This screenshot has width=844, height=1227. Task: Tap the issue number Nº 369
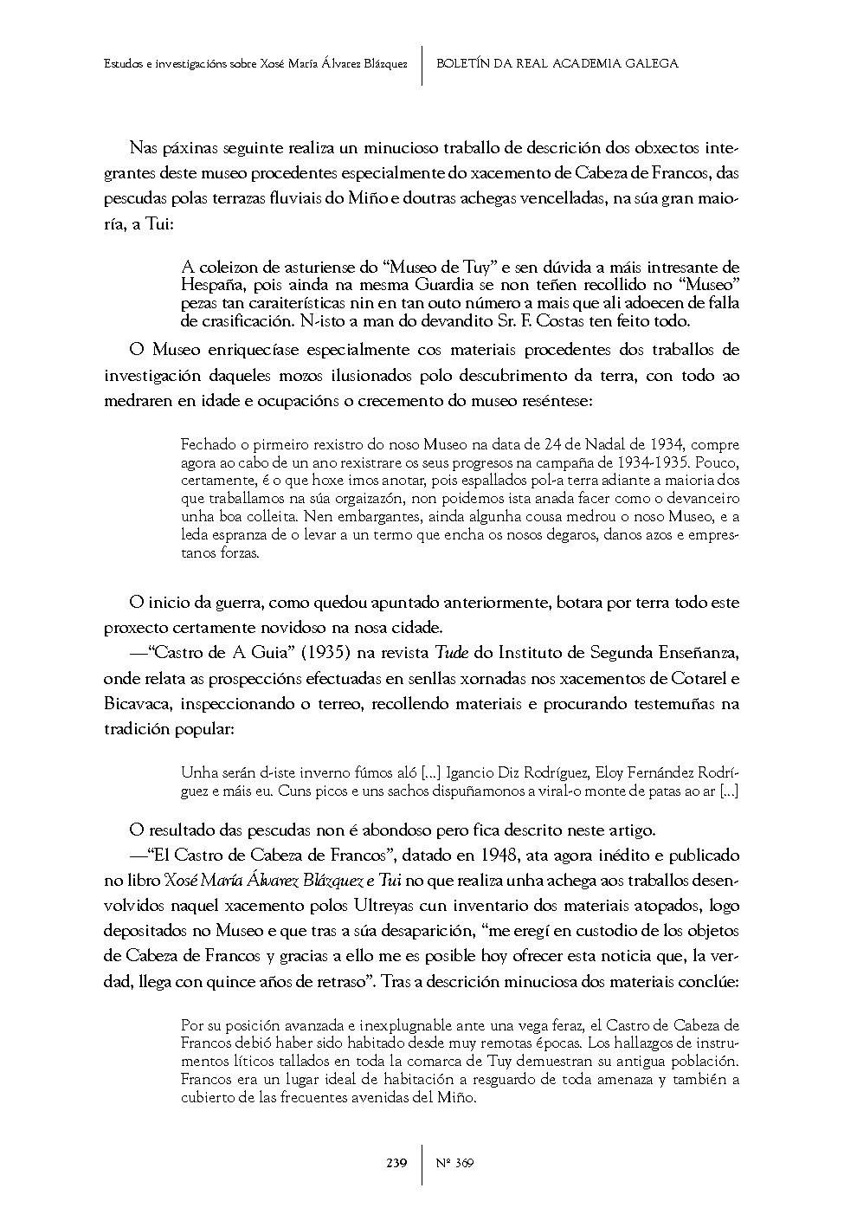[x=454, y=1162]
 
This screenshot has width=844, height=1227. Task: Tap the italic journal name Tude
[x=444, y=651]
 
